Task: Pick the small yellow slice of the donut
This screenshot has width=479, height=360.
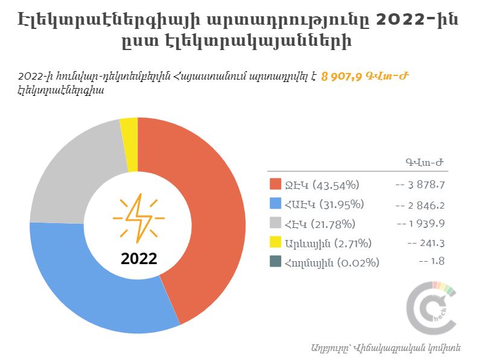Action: pos(130,144)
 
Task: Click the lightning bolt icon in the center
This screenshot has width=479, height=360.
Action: pos(139,218)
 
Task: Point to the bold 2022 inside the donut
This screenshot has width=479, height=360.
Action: pos(139,258)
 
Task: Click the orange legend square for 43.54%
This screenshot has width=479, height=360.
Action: pos(275,184)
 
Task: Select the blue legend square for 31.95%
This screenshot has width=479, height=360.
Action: pos(275,203)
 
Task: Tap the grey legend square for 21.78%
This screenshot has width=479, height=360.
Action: pos(275,223)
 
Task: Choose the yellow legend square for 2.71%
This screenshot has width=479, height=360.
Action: pos(275,242)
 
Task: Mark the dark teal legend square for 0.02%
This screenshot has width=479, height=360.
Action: pos(275,261)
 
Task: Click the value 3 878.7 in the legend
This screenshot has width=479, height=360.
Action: pos(427,185)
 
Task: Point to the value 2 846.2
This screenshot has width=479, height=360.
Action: pos(427,205)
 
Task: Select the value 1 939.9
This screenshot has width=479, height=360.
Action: pos(427,224)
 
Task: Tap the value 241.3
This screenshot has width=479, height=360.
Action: pos(432,243)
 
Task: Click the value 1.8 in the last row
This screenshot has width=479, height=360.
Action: pos(437,261)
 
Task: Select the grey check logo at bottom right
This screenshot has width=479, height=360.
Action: pos(431,308)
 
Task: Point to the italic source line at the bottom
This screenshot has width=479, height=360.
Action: pos(386,348)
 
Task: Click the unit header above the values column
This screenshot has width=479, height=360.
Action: pos(424,162)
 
